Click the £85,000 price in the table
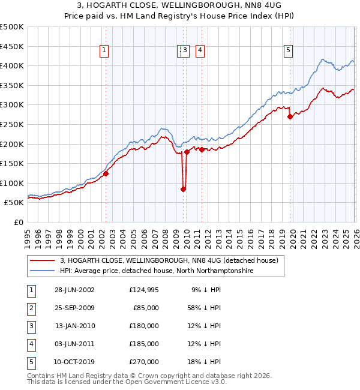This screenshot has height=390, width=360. coord(146,308)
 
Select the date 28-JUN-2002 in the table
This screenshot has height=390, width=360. coord(74,290)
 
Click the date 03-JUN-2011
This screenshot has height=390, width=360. coord(74,344)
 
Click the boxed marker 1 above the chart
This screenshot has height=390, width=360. coord(105,51)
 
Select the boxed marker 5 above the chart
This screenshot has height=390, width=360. coord(289,51)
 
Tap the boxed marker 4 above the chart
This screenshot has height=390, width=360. coord(199,51)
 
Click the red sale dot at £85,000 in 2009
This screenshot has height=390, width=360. coord(183,189)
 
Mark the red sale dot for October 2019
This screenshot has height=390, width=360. coord(290,117)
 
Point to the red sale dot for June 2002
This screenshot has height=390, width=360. coord(106,173)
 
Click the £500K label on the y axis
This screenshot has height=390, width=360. coord(12,27)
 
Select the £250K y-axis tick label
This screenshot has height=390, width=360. coord(12,124)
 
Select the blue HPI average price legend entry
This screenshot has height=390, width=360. coord(157,271)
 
